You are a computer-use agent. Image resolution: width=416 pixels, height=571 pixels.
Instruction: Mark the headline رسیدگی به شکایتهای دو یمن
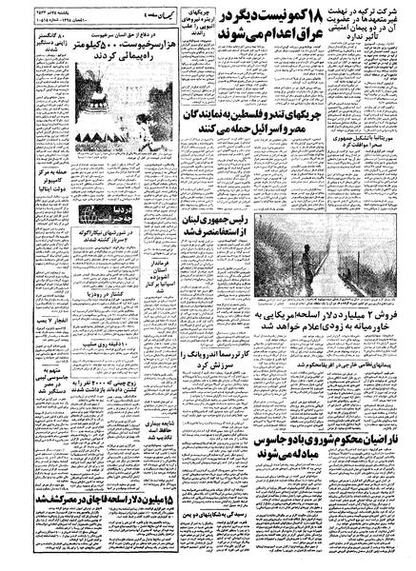pos(191,516)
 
